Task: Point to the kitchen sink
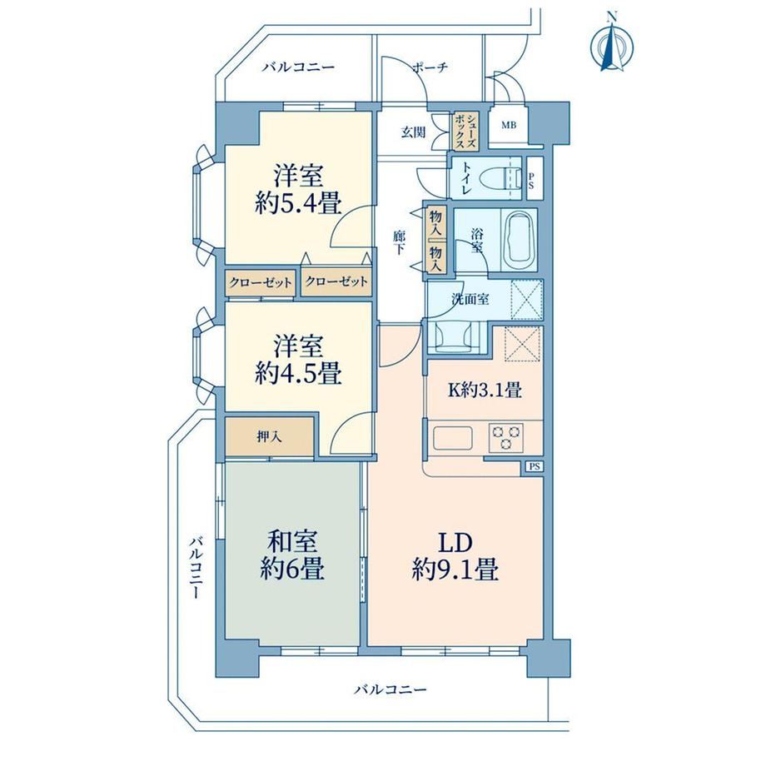click(x=452, y=438)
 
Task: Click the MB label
click(x=509, y=125)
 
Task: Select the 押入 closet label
click(x=269, y=437)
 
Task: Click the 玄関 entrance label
click(x=413, y=132)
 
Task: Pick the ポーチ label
click(x=430, y=67)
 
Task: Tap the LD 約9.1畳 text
click(x=455, y=557)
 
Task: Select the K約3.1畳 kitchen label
click(x=485, y=390)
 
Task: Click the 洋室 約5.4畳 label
click(x=297, y=190)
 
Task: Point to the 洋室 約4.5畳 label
click(x=297, y=360)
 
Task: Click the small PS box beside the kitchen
click(x=535, y=466)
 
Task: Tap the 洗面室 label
click(x=470, y=299)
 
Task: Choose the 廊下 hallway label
click(x=399, y=242)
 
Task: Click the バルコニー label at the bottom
click(x=390, y=689)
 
